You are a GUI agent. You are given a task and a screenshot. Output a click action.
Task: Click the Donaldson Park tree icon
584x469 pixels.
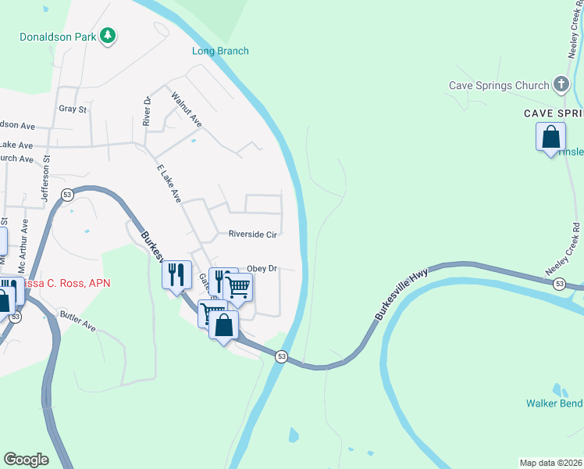point(109,36)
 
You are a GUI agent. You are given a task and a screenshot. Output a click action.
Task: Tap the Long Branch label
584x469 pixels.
point(220,52)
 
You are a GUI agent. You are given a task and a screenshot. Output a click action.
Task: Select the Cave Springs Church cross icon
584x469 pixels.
point(560,84)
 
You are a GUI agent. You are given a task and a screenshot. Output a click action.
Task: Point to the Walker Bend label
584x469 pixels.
point(554,404)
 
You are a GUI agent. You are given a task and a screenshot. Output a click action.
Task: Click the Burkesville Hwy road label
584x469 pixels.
point(401,295)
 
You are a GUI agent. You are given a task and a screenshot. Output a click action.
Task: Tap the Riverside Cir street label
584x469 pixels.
point(253,234)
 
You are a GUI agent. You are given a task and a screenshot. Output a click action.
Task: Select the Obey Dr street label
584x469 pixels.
point(262,268)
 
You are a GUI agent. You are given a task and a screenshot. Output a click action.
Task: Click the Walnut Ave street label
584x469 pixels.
point(187,110)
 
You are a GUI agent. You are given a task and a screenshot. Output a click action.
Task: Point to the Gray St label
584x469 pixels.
point(73,109)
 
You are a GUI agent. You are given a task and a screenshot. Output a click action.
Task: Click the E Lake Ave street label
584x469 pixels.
point(169,184)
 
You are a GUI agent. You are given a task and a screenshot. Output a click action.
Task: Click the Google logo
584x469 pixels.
point(26,460)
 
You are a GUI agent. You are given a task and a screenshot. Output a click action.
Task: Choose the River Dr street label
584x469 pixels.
point(146,110)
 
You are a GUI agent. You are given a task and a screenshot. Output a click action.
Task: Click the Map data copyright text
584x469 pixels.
point(551,463)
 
